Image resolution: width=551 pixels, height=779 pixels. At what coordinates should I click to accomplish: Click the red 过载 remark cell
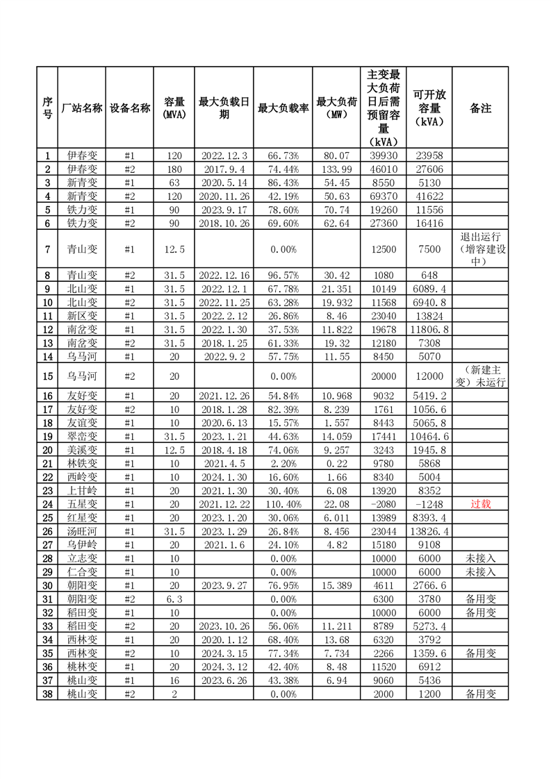coord(480,504)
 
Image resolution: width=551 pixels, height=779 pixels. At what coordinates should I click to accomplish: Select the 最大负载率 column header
coord(283,108)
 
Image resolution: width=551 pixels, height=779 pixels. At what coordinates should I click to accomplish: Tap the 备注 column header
coord(480,108)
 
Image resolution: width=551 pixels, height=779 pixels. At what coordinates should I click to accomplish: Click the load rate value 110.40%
coord(283,504)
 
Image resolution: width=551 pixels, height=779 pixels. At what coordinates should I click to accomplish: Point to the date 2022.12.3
coord(224,156)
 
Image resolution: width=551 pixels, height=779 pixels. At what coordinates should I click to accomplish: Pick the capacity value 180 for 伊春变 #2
coord(174,169)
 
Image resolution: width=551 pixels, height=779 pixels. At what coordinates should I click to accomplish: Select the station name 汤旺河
coord(82,530)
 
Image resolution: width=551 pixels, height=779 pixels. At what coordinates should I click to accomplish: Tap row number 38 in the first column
coord(47,694)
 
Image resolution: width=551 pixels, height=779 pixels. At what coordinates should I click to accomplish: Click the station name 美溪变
coord(82,450)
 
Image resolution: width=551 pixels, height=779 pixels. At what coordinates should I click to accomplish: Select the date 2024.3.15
coord(224,653)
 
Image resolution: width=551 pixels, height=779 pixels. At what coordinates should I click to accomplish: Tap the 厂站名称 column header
coord(82,108)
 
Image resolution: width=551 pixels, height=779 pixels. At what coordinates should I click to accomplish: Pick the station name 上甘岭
coord(82,490)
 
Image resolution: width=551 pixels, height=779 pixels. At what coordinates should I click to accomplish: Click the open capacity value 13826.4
coord(429,530)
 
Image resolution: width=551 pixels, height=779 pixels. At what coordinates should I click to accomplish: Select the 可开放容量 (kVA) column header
coord(429,108)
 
